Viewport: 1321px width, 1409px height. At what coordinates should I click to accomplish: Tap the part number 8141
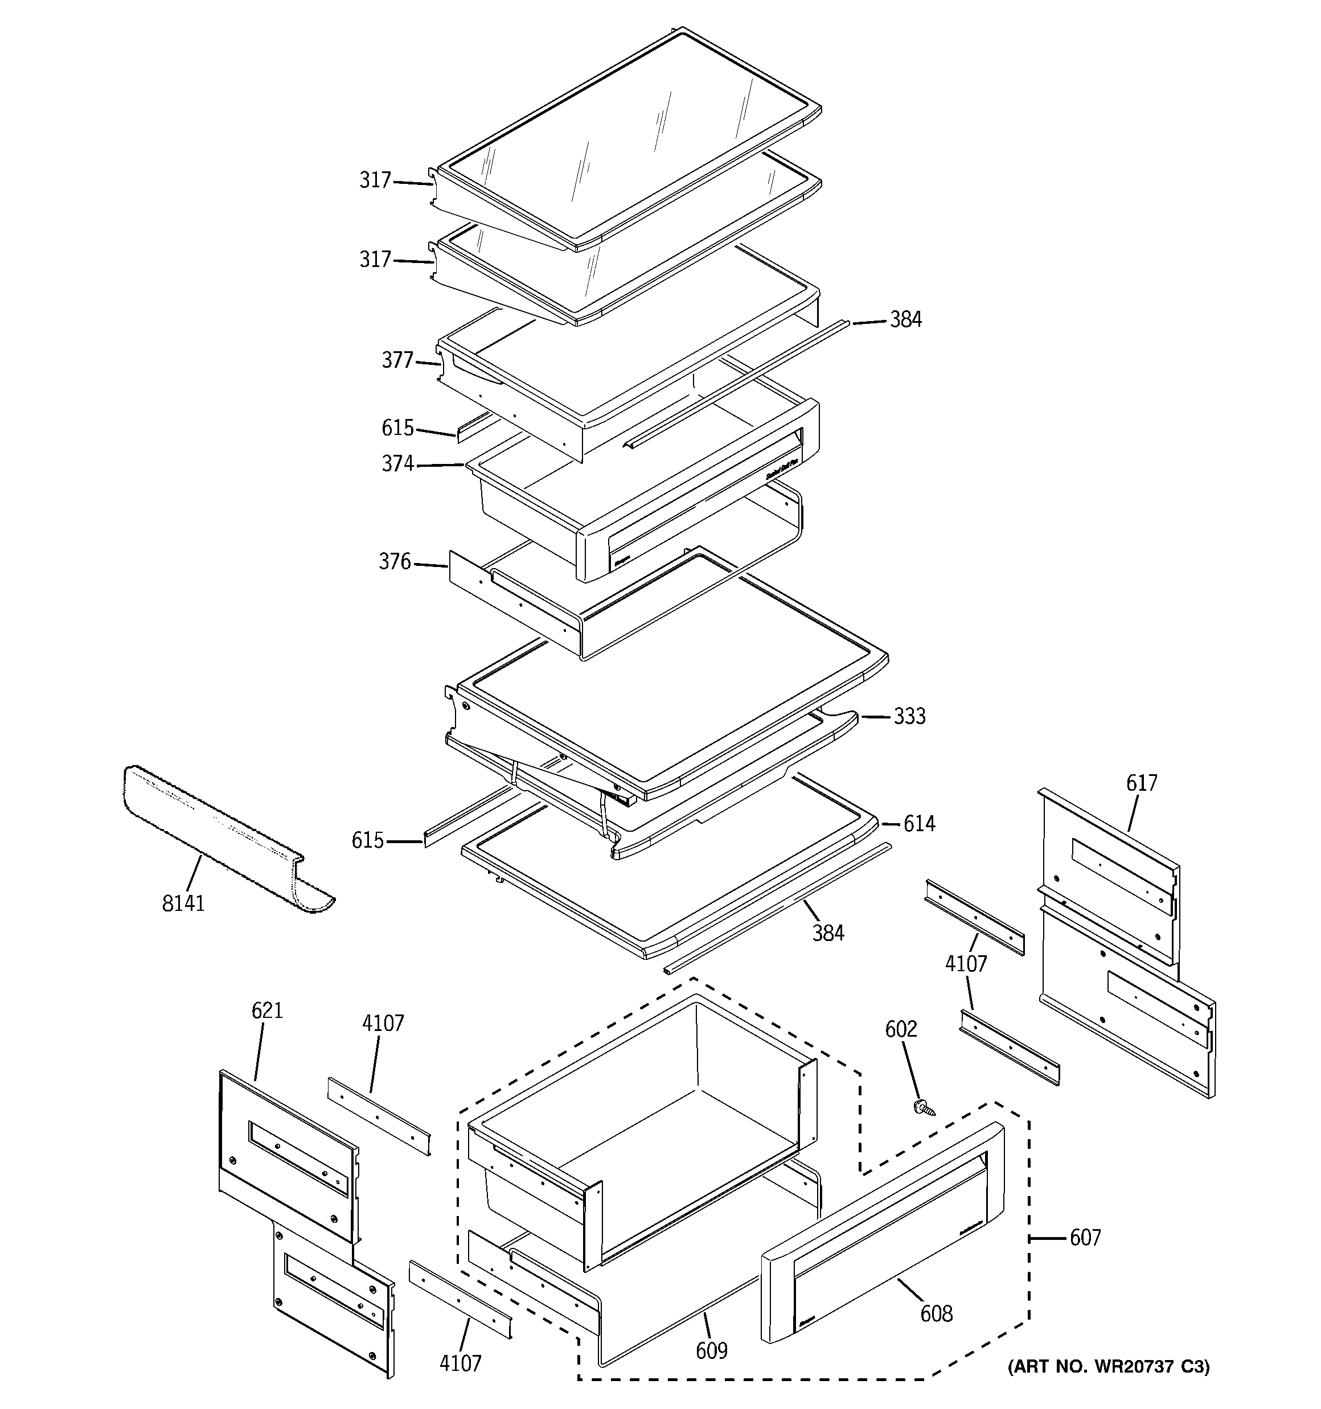pos(183,903)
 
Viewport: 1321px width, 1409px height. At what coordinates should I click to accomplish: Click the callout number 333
pos(909,717)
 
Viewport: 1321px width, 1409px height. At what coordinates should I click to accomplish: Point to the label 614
pos(919,824)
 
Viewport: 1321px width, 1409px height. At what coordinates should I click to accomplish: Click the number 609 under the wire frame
pos(711,1351)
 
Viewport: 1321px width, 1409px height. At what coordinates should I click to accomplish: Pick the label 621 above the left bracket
pos(267,1010)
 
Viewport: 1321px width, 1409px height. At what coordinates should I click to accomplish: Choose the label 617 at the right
pos(1142,783)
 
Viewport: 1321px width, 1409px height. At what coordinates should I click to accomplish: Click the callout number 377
pos(397,361)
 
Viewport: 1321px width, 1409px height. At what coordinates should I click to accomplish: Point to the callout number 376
pos(395,561)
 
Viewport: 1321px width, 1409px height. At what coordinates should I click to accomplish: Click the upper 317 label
pos(375,180)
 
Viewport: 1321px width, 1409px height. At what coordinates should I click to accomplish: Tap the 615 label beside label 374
pos(397,428)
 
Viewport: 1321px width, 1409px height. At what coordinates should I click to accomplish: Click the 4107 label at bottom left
pos(460,1363)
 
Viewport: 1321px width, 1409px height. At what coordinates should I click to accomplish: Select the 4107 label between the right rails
pos(966,963)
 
